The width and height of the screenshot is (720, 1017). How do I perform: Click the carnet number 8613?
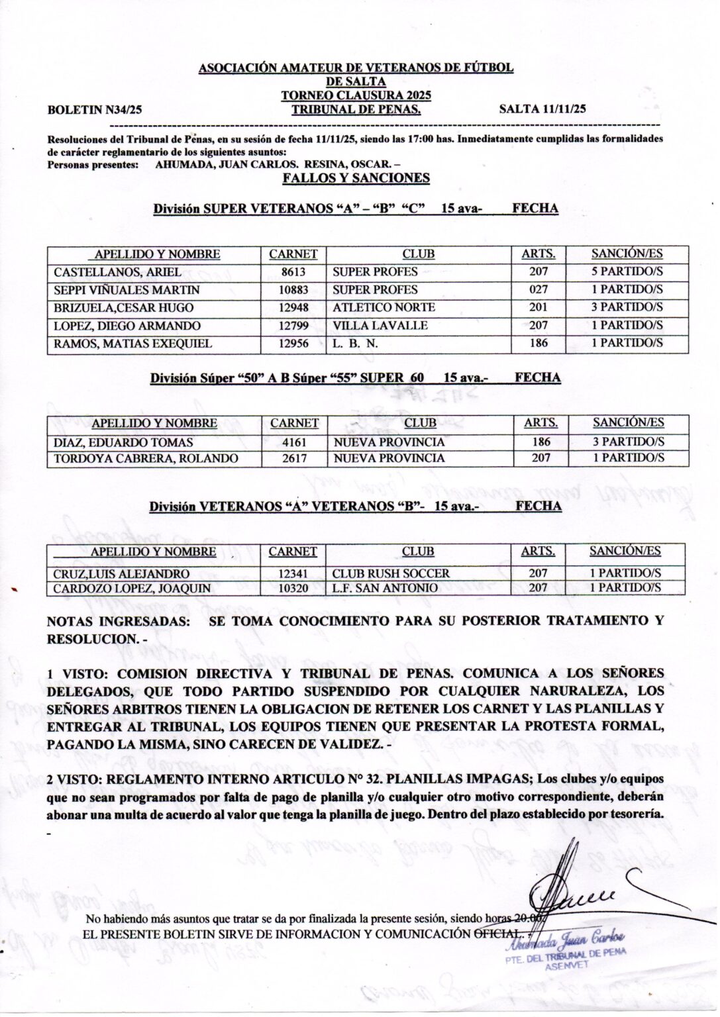293,272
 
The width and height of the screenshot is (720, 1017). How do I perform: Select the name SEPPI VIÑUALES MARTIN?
127,290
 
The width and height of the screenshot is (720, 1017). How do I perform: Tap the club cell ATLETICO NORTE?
384,308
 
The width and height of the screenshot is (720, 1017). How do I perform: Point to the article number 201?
539,308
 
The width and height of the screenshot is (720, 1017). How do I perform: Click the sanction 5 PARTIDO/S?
627,271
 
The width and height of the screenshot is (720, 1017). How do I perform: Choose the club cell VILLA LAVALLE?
380,326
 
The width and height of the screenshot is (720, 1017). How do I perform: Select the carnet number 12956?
293,344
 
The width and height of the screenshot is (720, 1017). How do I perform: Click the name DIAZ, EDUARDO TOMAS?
123,442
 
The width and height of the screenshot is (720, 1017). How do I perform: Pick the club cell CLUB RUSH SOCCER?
391,574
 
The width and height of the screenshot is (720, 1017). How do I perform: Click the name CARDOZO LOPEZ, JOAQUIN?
132,589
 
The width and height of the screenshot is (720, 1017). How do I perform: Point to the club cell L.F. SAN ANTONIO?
385,589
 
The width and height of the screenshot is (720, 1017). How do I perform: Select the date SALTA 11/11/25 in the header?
542,110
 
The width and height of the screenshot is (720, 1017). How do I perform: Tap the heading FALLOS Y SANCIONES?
356,178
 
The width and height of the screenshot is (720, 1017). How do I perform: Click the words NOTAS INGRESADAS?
117,622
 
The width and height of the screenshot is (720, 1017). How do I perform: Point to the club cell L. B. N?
355,344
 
